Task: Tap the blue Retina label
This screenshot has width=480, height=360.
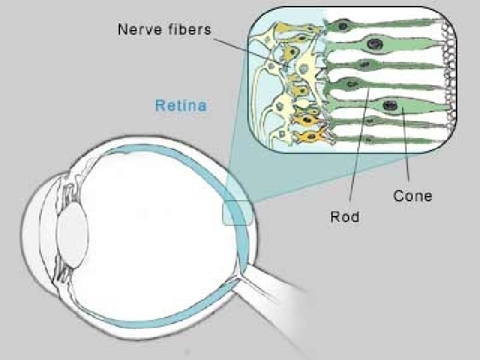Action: coord(181,105)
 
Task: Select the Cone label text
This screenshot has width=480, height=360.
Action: coord(413,196)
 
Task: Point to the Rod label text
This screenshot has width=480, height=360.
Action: coord(345,217)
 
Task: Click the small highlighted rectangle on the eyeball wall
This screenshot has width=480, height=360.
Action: coord(236,214)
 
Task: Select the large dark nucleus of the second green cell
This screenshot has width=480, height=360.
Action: coord(375,45)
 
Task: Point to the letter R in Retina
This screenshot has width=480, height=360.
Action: coord(159,105)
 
